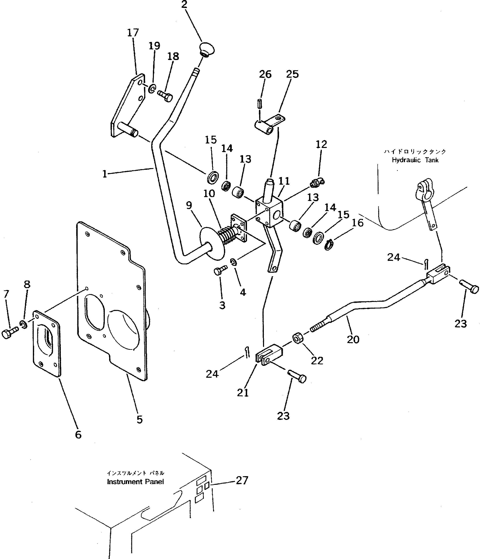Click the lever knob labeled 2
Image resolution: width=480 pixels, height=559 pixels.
(x=207, y=49)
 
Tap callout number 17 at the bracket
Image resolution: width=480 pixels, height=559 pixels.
(x=133, y=33)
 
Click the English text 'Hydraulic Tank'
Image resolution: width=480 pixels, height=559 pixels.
(x=415, y=160)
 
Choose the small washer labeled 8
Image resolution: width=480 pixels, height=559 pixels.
(x=23, y=325)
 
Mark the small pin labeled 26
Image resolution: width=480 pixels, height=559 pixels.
(x=260, y=103)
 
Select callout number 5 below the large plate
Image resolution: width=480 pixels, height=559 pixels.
(x=140, y=419)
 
